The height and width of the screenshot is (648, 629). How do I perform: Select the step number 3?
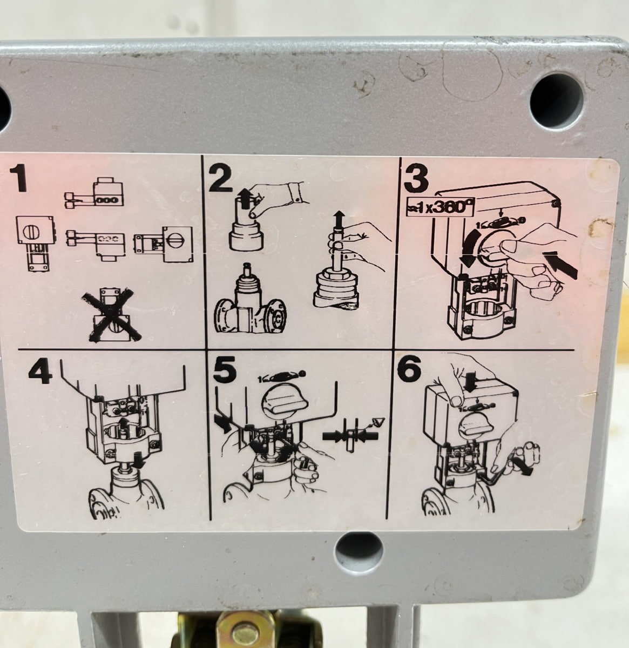[416, 180]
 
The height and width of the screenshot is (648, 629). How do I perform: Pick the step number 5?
[225, 369]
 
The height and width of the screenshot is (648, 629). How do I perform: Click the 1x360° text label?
[440, 207]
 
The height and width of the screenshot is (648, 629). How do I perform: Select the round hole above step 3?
[557, 101]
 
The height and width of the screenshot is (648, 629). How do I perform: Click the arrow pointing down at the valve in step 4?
[139, 460]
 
